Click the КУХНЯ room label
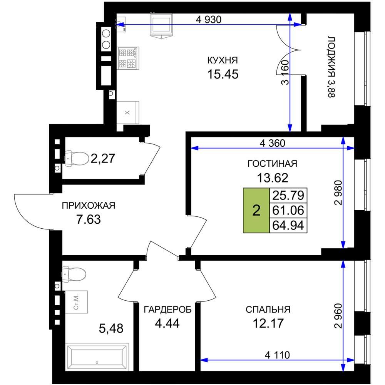point(223,60)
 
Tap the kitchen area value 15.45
point(223,74)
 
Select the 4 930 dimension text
point(209,20)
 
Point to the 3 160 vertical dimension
point(285,72)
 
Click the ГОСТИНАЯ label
point(272,164)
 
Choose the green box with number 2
point(256,211)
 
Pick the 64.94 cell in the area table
point(288,225)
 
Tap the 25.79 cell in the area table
point(288,196)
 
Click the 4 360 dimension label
point(273,143)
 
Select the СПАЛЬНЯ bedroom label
point(268,310)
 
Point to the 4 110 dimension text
point(278,355)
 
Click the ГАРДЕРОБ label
point(167,310)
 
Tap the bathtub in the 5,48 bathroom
point(97,357)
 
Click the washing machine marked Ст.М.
point(76,302)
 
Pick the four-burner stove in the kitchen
point(128,58)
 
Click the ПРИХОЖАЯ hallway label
point(89,206)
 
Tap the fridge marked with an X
point(128,112)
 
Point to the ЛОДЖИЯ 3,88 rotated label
point(331,67)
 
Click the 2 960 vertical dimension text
point(338,316)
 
